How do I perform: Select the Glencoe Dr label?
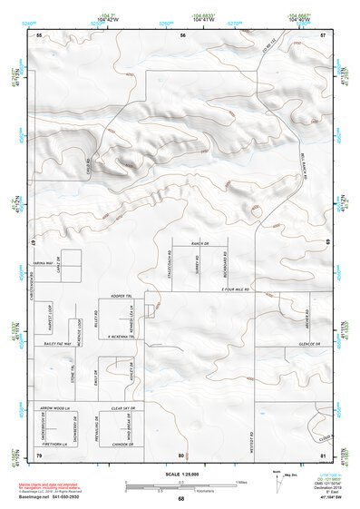[x=309, y=345]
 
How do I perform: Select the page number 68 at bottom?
[x=180, y=499]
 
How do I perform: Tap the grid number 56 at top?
[x=182, y=34]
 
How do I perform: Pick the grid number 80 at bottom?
[x=181, y=455]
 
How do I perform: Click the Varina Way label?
[x=45, y=259]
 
